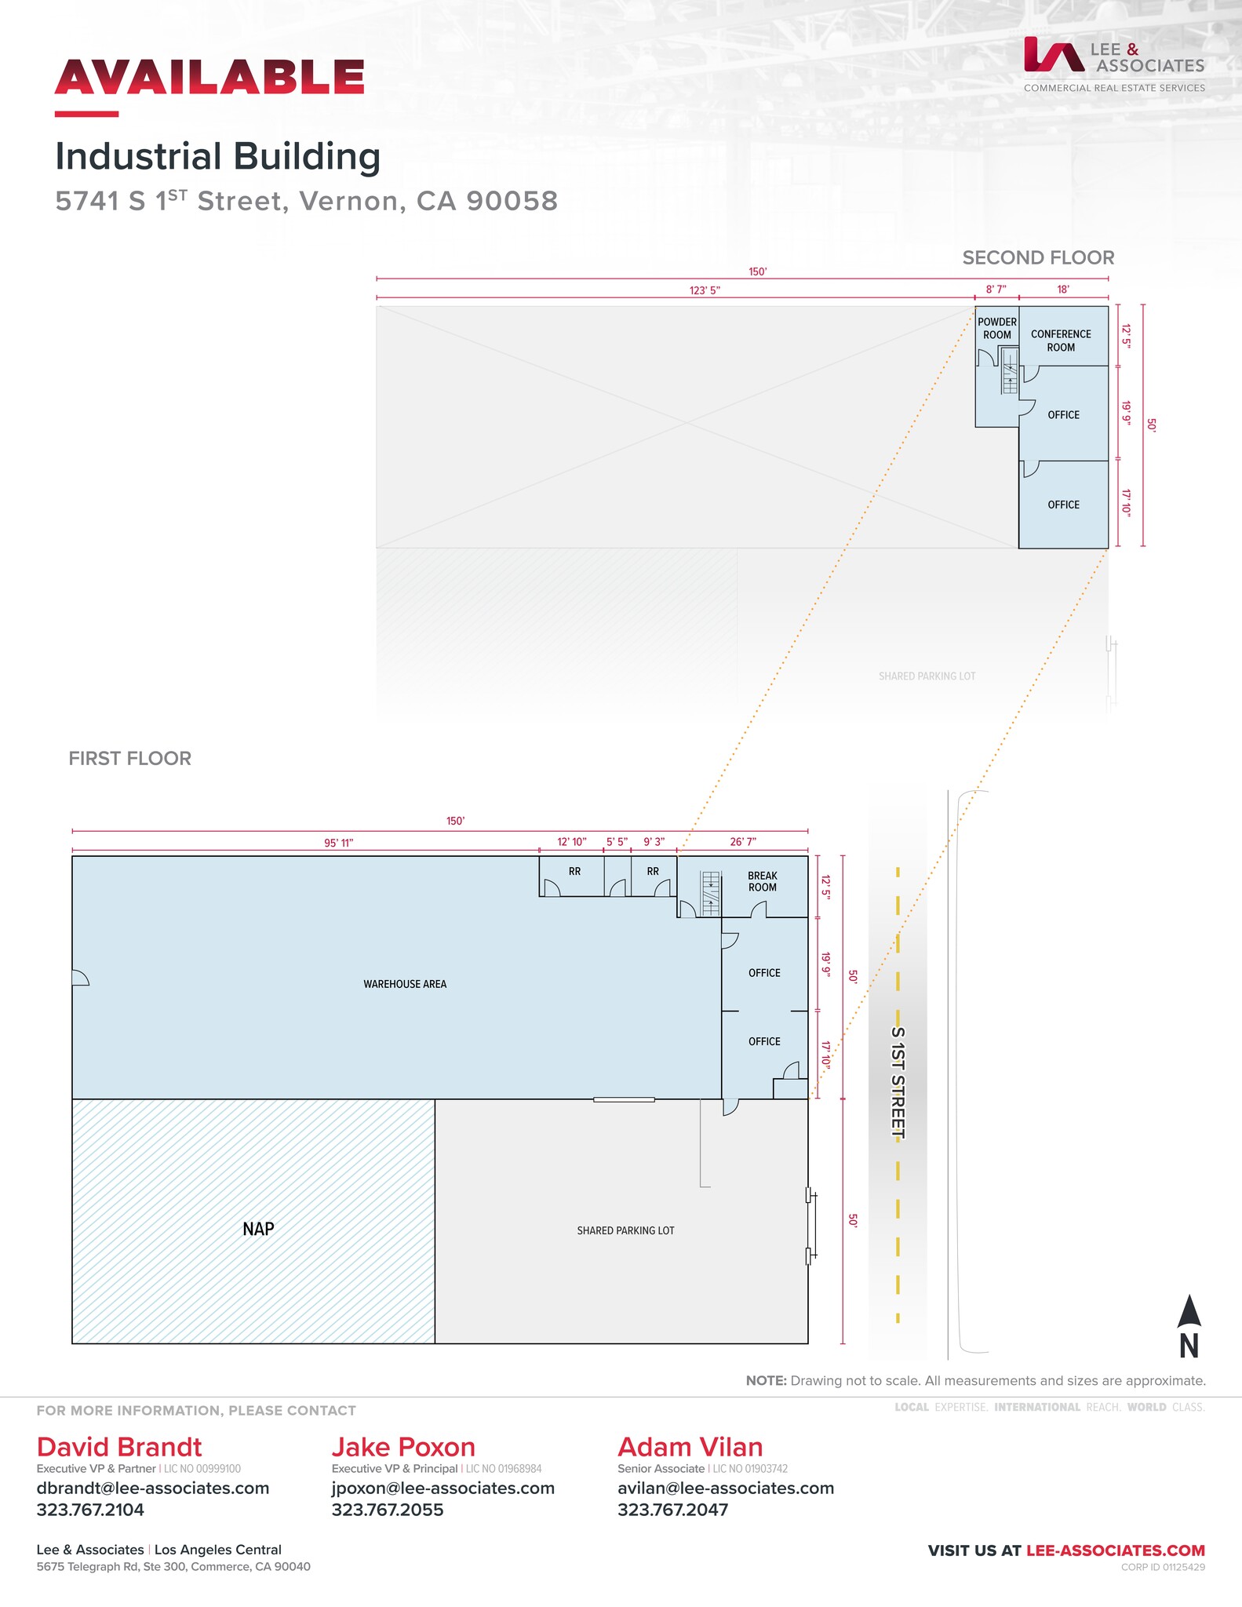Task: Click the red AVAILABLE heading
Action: pos(209,77)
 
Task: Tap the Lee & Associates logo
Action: pos(1113,64)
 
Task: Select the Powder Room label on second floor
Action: pos(996,328)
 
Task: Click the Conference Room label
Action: pos(1061,341)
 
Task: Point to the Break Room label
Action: pos(762,881)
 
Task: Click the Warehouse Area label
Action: pos(405,984)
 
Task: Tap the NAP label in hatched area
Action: pos(258,1229)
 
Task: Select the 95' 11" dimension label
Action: pos(339,843)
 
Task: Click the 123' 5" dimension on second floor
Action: pos(705,290)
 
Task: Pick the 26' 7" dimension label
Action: pos(742,842)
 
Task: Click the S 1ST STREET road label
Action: pos(898,1083)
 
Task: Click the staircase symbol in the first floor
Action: pos(710,892)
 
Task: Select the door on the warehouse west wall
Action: pos(80,977)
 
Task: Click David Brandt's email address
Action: pos(153,1489)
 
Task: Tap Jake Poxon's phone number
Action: pos(388,1510)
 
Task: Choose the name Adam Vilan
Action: pos(690,1447)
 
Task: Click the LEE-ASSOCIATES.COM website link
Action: pos(1115,1551)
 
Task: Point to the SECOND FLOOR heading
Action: pos(1038,257)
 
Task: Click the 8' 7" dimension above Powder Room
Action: pos(996,290)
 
